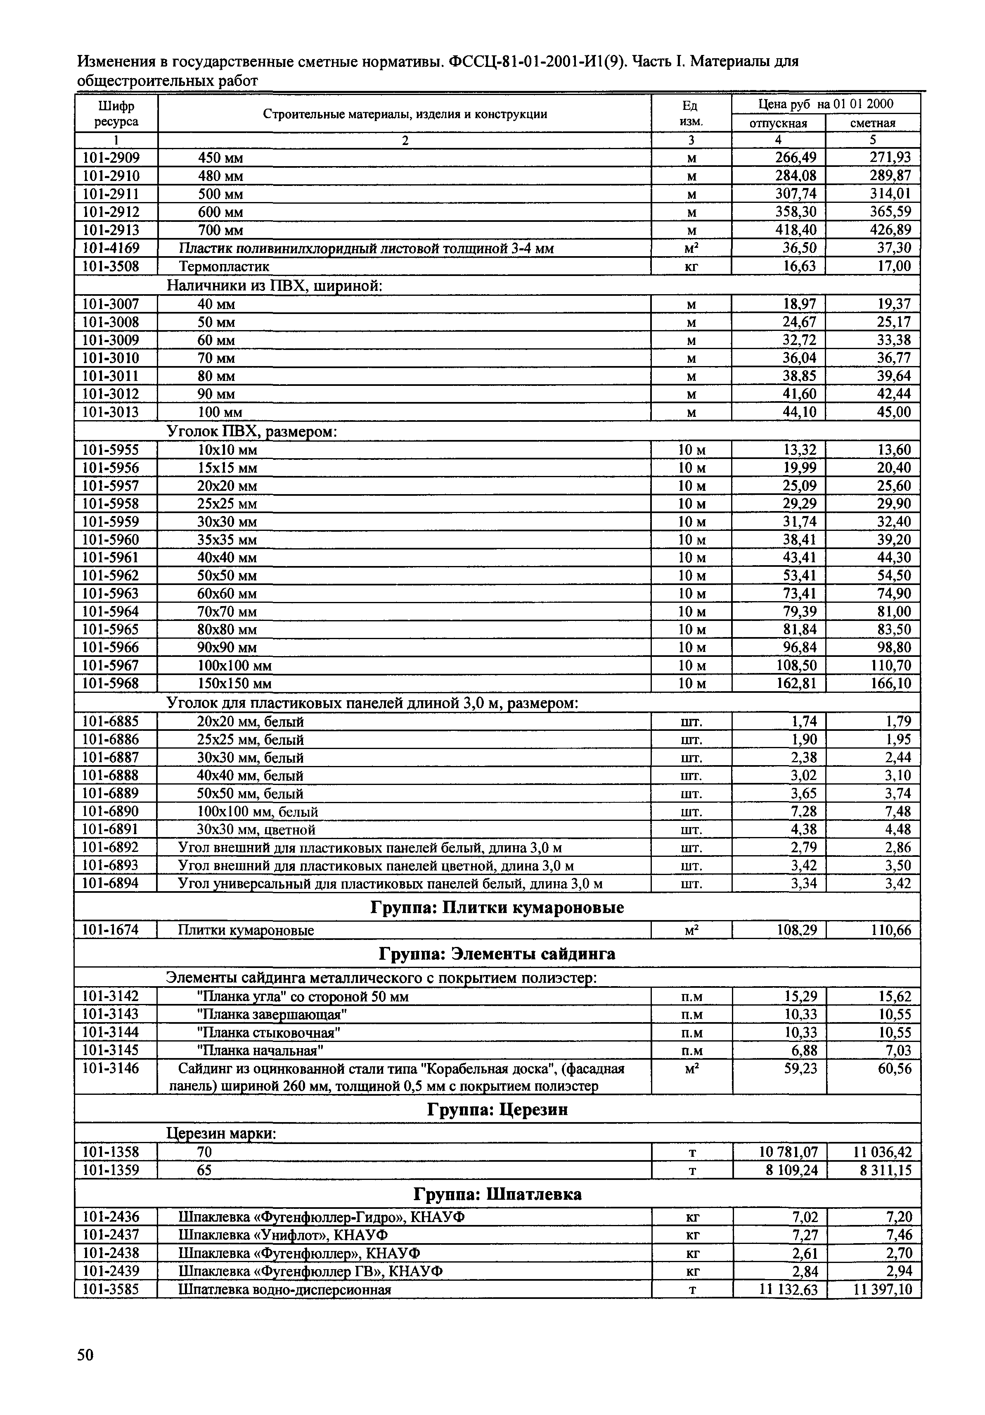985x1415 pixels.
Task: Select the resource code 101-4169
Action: pyautogui.click(x=111, y=248)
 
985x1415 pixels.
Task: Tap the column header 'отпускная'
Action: pyautogui.click(x=778, y=123)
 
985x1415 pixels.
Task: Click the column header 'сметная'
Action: pyautogui.click(x=873, y=123)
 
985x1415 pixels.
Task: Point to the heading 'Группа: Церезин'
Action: pyautogui.click(x=497, y=1110)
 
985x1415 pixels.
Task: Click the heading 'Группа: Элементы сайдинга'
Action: pyautogui.click(x=497, y=954)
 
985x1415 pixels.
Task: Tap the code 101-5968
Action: pyautogui.click(x=111, y=683)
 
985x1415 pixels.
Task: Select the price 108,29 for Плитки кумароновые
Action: pyautogui.click(x=796, y=930)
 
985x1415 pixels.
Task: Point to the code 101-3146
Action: pyautogui.click(x=111, y=1068)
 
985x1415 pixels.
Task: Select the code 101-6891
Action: pyautogui.click(x=111, y=829)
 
